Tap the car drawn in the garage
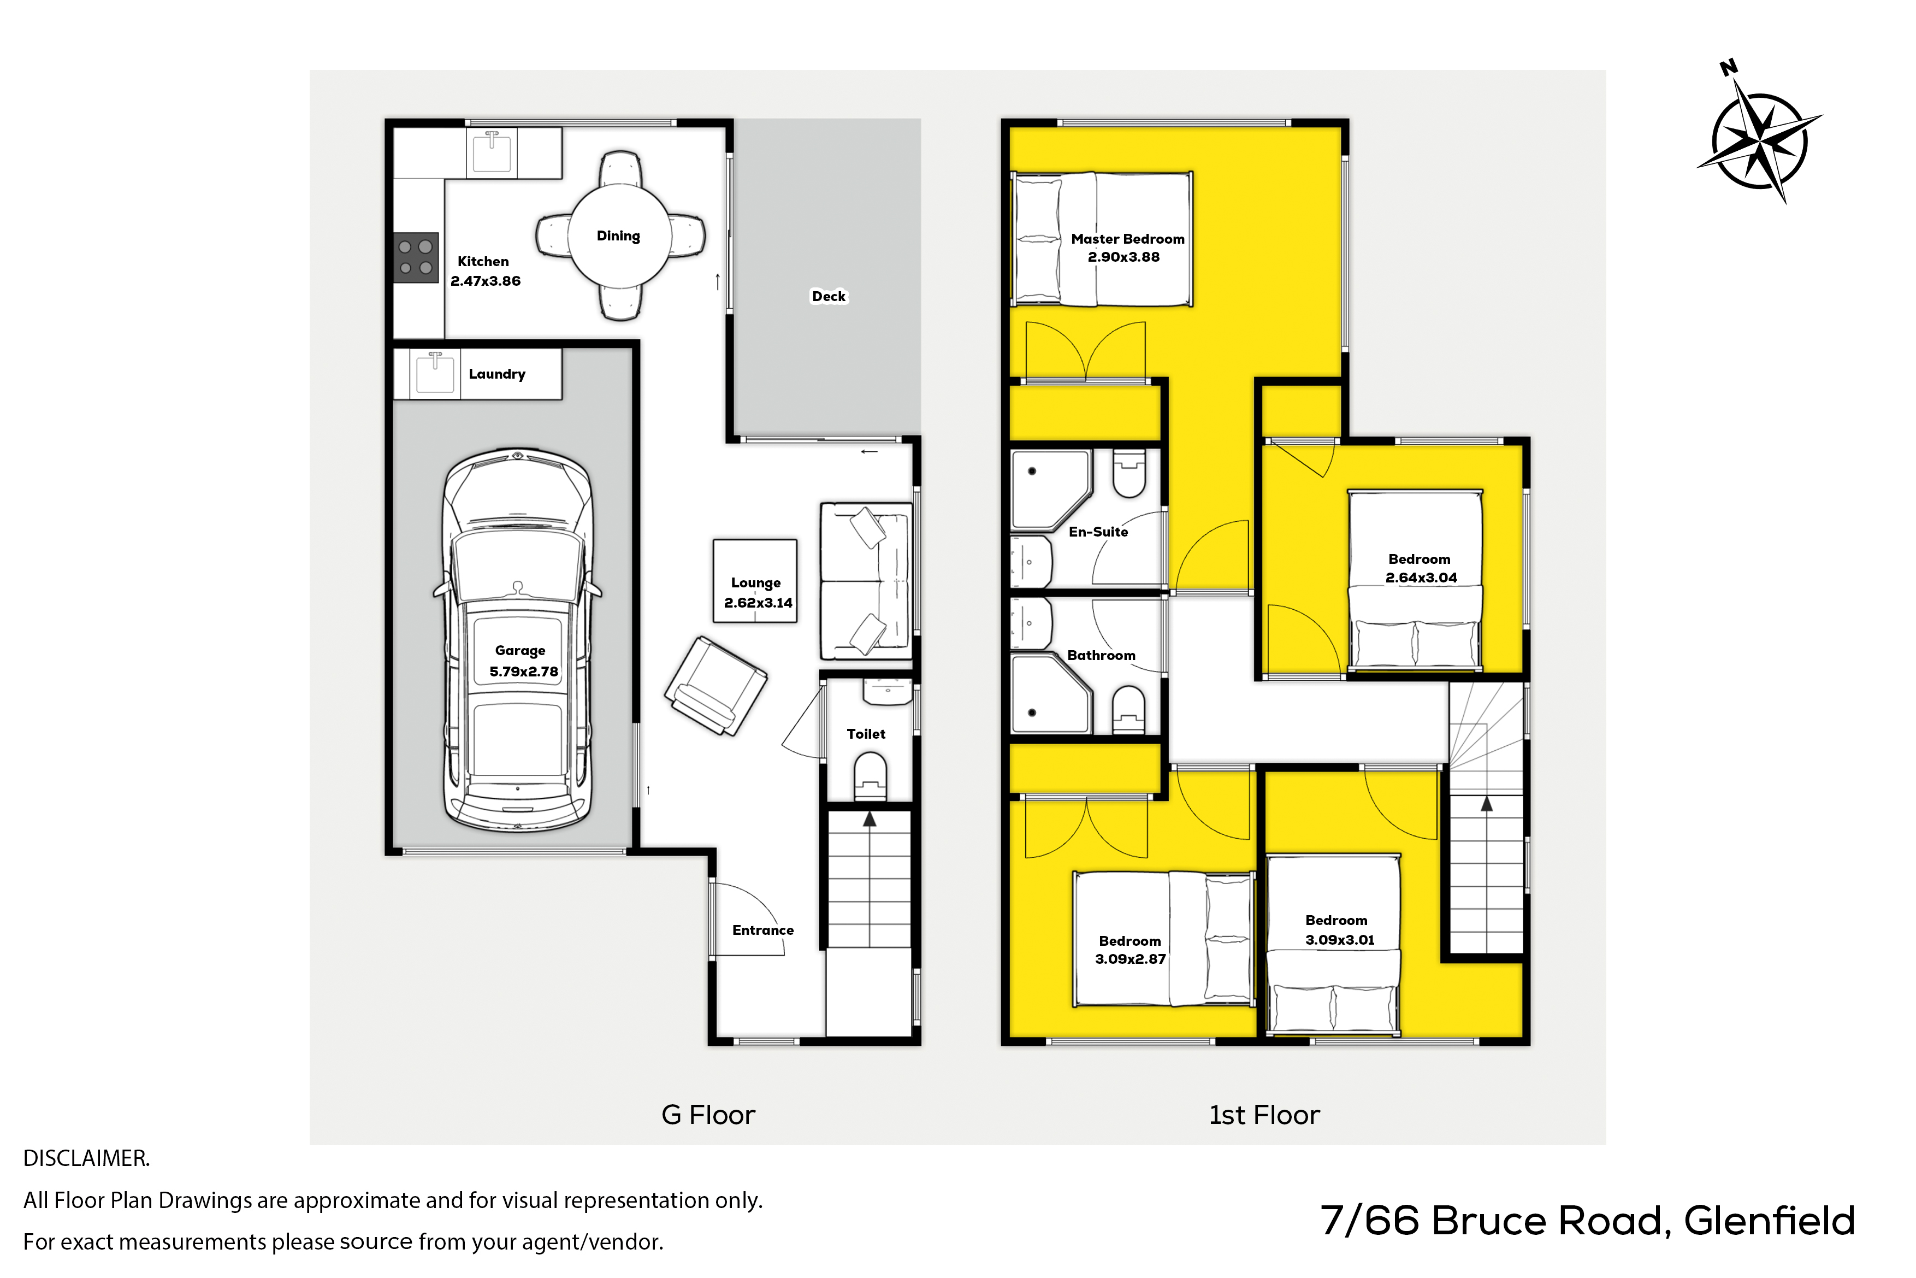pos(517,640)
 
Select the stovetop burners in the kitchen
pos(416,257)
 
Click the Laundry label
pos(497,374)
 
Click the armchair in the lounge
pos(715,686)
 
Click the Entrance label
pos(762,930)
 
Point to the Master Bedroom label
pos(1127,239)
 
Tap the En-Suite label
pos(1098,532)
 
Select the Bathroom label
pos(1101,655)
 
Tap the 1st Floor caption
pos(1263,1115)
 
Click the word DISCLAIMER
pos(86,1158)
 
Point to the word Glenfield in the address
pos(1770,1222)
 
